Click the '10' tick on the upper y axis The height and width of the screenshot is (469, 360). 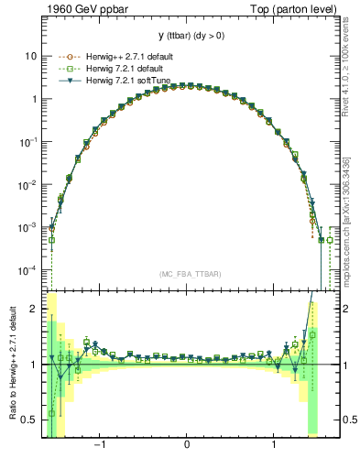pyautogui.click(x=30, y=56)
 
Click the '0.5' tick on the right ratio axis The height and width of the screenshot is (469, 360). pyautogui.click(x=347, y=420)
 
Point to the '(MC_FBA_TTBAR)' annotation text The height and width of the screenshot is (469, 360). pyautogui.click(x=188, y=274)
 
